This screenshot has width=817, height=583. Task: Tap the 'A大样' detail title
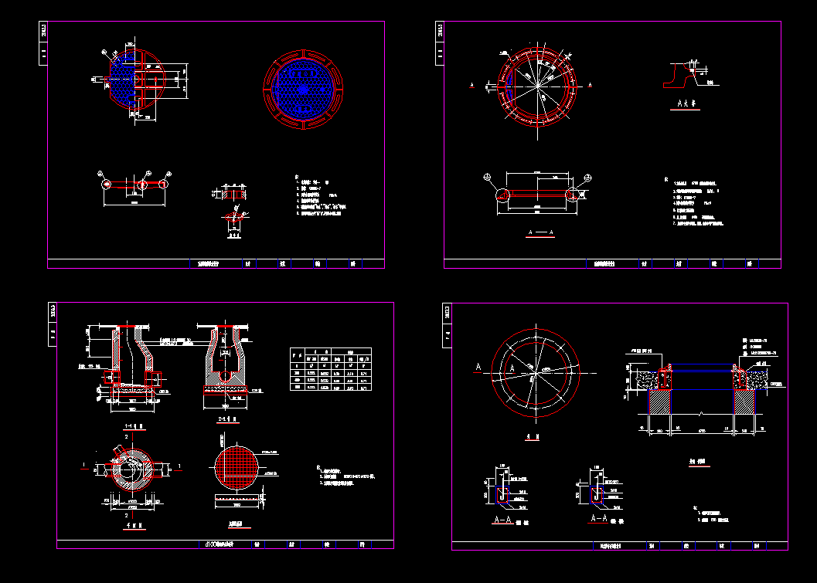686,103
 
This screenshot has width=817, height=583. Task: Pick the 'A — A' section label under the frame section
540,232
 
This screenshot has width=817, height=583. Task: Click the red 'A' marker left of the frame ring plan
472,85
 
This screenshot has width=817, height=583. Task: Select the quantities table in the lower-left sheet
328,371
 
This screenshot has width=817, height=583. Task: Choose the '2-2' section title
226,418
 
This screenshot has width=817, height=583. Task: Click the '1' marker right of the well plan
179,466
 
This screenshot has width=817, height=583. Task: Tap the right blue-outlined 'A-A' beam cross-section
597,494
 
